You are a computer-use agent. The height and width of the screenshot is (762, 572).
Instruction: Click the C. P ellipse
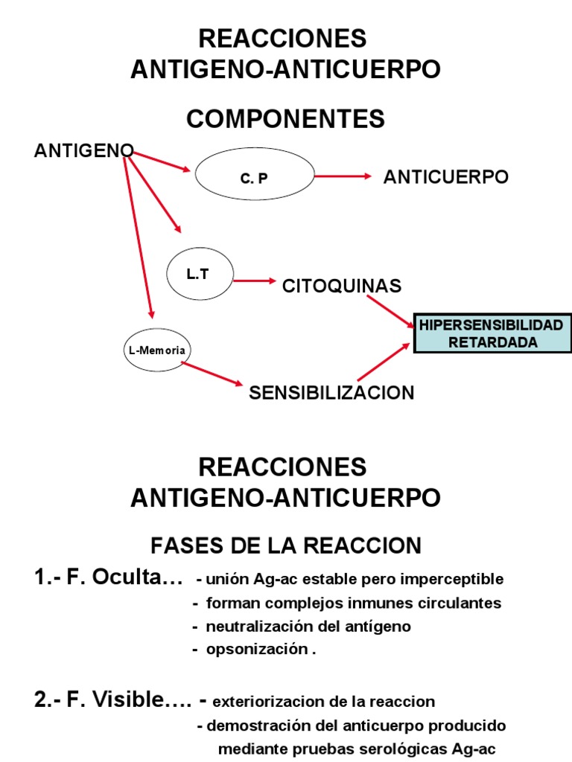253,177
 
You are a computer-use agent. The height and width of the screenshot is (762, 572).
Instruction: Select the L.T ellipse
200,274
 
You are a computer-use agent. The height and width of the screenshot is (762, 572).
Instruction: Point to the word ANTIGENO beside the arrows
83,151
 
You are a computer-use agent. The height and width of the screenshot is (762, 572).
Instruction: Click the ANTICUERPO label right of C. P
445,177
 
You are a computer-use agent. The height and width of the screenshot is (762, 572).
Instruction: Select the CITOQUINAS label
342,286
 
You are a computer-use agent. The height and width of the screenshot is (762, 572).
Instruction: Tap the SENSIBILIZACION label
331,393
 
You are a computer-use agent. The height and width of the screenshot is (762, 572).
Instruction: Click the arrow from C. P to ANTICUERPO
343,176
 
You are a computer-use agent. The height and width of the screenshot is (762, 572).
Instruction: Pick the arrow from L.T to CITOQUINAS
254,281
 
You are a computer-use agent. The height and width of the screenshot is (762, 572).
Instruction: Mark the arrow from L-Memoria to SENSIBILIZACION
212,374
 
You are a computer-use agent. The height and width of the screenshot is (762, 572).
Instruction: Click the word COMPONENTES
285,118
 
